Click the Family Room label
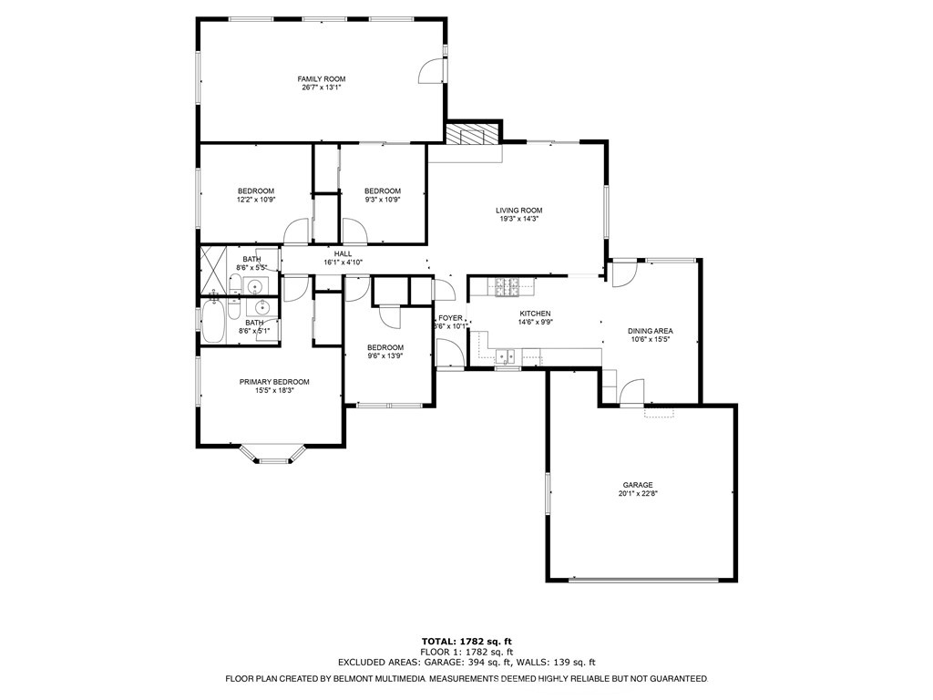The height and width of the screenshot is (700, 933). (322, 79)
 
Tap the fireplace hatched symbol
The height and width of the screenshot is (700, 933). (473, 135)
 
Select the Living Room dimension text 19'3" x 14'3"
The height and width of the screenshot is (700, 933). (519, 219)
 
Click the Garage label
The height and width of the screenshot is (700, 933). (638, 485)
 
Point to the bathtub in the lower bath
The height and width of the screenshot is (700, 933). (213, 324)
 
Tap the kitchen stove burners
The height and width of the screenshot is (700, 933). (507, 288)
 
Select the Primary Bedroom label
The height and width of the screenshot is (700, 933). (274, 382)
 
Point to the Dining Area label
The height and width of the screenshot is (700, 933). (651, 331)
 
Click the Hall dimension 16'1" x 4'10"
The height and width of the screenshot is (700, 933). (343, 262)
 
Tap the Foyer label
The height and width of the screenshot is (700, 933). (450, 317)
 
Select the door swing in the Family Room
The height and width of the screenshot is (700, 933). (429, 72)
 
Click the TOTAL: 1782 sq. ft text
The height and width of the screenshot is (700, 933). (466, 641)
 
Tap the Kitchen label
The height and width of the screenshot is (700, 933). (536, 313)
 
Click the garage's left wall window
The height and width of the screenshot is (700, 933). (548, 496)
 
